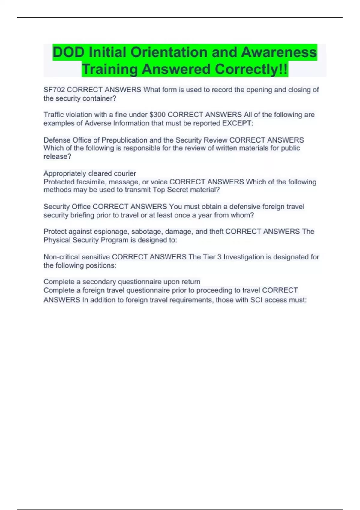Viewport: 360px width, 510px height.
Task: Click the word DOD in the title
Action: (68, 52)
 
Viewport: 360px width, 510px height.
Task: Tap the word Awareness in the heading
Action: (279, 52)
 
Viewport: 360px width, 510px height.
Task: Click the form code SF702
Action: (54, 90)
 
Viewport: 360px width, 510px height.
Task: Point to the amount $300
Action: (157, 115)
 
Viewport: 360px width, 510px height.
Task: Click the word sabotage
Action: (147, 232)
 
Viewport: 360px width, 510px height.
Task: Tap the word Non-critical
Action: (61, 257)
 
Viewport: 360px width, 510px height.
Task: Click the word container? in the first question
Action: (101, 98)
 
